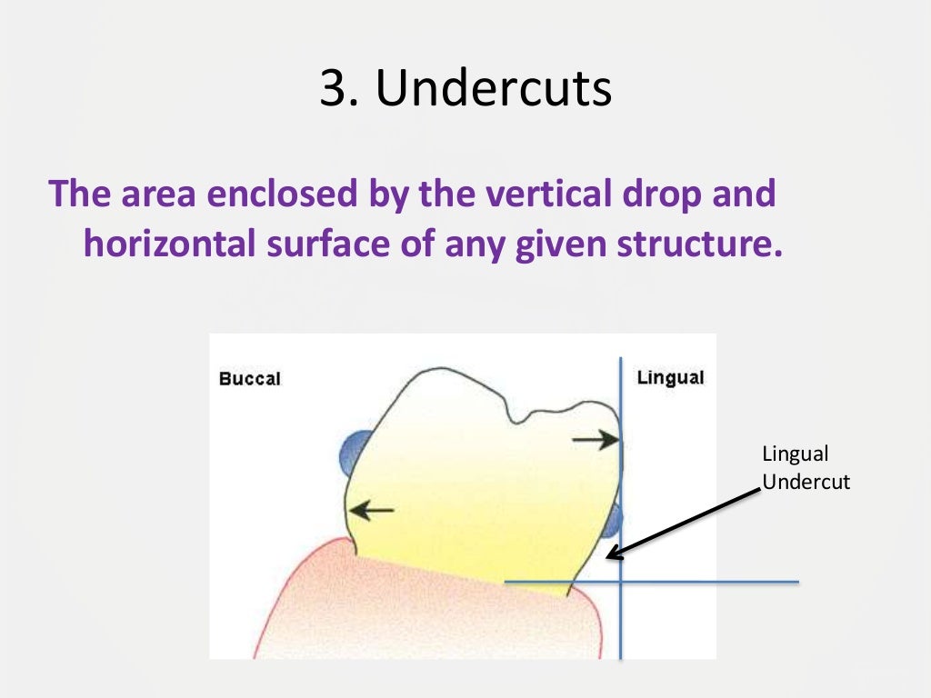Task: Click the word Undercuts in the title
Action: pos(494,92)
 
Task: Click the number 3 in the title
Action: pos(331,92)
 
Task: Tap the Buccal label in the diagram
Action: pos(250,378)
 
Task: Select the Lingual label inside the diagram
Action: pos(670,377)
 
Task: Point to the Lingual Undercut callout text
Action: pos(806,468)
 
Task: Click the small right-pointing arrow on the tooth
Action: pos(595,441)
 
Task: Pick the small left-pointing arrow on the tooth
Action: pos(373,511)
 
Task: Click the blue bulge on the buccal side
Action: pos(354,451)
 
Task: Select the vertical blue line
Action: pos(620,618)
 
